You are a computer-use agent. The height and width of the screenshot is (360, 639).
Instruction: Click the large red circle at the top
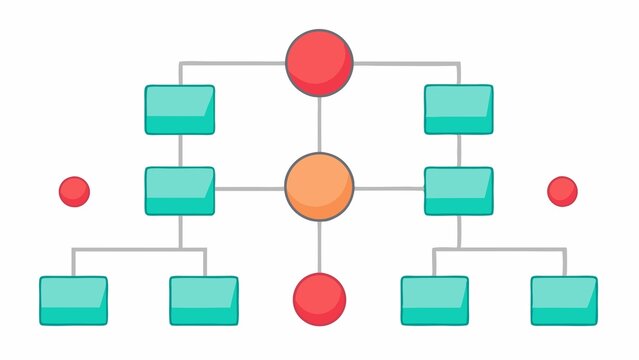point(319,62)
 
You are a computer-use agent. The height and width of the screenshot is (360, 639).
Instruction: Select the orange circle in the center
point(319,186)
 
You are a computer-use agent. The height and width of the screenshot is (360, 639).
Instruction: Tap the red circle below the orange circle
point(319,299)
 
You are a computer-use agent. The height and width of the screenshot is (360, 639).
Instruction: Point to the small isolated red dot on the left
point(74,191)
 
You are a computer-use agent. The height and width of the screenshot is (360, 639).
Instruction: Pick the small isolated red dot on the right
point(562,191)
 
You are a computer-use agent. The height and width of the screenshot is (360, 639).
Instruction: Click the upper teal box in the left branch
point(180,109)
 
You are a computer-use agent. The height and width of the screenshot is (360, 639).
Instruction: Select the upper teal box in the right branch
point(459,109)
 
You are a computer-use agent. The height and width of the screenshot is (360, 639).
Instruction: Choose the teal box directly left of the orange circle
point(180,191)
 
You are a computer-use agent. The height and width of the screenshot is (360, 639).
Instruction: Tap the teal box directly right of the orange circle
point(459,191)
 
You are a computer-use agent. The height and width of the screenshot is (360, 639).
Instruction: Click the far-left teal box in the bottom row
point(73,300)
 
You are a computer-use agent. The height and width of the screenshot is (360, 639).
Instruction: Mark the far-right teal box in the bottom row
point(564,300)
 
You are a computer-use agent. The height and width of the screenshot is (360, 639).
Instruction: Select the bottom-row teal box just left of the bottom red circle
point(204,300)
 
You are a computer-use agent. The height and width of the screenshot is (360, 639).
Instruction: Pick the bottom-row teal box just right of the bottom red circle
point(434,300)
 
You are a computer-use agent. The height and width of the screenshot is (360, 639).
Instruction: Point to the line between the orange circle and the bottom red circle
point(319,246)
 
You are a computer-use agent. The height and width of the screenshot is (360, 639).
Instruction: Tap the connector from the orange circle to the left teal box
point(249,189)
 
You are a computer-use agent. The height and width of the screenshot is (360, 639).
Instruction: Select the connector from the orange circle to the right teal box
point(389,189)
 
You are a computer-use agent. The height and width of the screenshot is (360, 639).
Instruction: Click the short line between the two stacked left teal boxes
point(180,150)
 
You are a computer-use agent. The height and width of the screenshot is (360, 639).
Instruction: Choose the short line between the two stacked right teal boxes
point(459,150)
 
